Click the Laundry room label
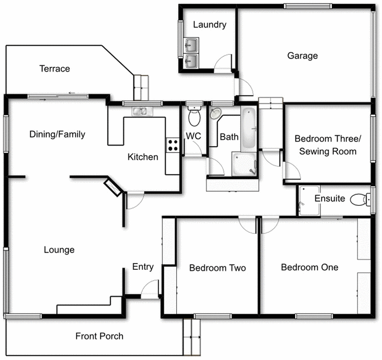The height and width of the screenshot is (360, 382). coord(210,25)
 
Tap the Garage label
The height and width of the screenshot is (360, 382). coord(302,56)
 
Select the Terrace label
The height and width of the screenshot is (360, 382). coord(54,69)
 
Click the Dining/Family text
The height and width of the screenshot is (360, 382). coord(57,134)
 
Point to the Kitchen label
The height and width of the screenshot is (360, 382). coord(142,157)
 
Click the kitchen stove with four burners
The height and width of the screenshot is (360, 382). coord(172,145)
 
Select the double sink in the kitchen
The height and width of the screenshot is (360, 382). coord(141,112)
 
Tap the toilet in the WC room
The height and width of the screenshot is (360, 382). coord(194,116)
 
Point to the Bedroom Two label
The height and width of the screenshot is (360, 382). coord(217,268)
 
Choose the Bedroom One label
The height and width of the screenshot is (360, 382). coord(309,267)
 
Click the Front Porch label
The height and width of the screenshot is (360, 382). coord(99,336)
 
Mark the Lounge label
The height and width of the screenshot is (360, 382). coord(59,250)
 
